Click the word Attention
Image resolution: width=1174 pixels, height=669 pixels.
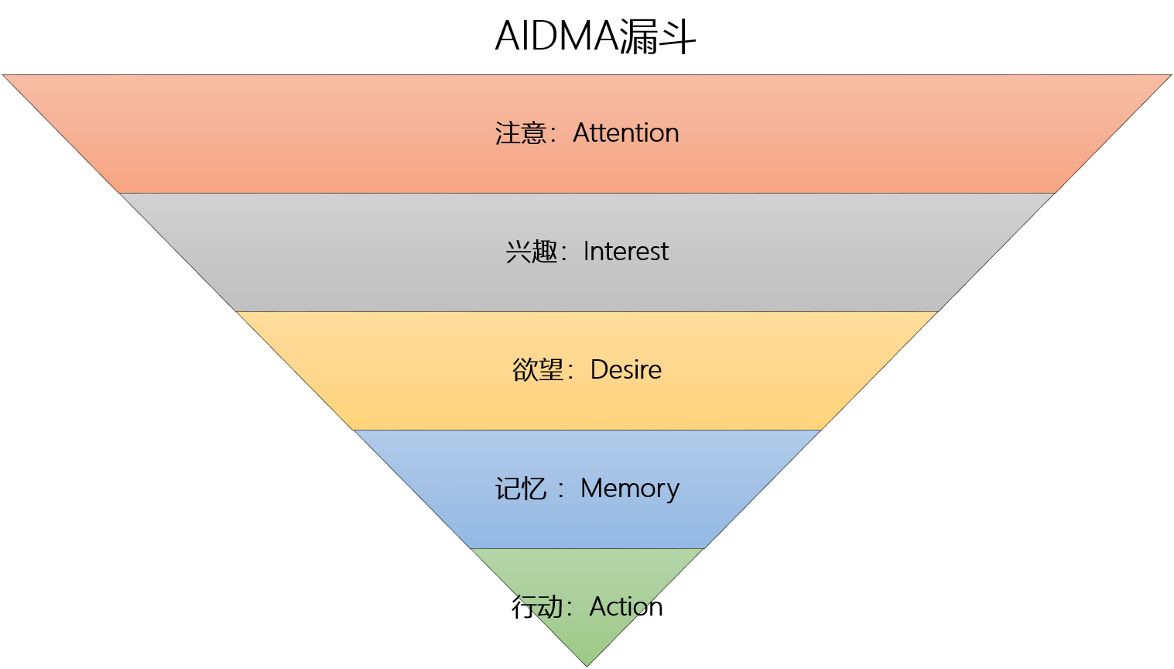626,133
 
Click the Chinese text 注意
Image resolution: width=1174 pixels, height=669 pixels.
521,133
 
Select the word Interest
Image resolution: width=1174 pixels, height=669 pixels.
626,252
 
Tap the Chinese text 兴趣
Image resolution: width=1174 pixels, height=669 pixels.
532,252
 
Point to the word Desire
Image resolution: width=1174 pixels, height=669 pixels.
626,370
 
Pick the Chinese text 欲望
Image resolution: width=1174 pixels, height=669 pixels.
538,370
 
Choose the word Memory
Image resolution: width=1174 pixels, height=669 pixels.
630,489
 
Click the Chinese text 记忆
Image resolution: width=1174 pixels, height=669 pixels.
521,489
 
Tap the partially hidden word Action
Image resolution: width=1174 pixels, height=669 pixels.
618,606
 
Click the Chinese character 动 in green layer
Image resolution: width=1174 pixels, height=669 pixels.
551,607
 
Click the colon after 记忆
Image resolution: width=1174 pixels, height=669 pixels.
561,489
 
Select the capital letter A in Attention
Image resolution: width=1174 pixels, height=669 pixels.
581,133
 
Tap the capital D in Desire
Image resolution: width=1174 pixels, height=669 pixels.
598,370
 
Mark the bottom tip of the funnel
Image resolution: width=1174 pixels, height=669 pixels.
587,664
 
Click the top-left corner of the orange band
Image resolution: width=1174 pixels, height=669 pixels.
5,76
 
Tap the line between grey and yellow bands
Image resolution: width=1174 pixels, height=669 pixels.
587,311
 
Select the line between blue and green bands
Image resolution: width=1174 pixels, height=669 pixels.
587,548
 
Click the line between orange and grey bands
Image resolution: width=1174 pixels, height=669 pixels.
587,193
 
